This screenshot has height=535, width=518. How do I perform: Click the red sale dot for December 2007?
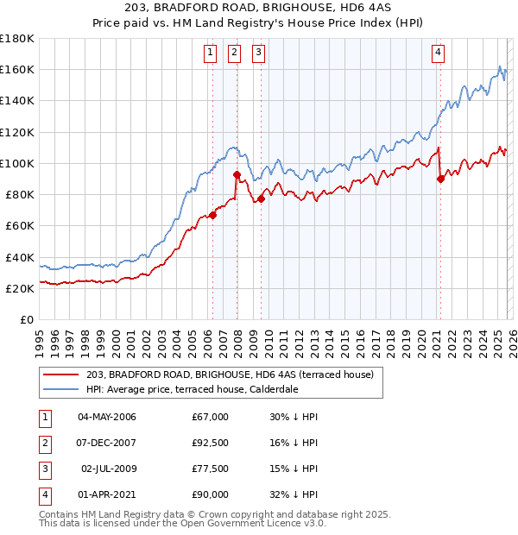pos(237,175)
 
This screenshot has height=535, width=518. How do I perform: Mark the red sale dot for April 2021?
pos(440,179)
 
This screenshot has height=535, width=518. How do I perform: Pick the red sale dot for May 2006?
pos(212,216)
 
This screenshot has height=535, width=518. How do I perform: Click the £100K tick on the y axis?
pos(17,163)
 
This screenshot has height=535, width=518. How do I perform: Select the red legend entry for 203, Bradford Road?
pos(229,374)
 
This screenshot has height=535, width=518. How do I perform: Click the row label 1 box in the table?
pos(42,417)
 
